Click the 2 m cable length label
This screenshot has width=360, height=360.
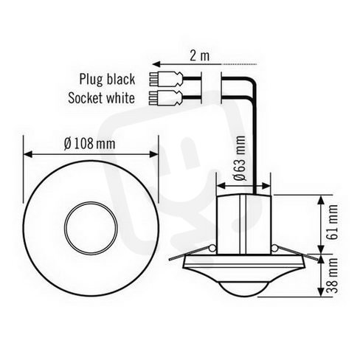tap(199, 55)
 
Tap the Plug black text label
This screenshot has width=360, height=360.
tap(107, 79)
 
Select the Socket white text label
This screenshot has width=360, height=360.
tap(101, 98)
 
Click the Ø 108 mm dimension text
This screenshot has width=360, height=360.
tap(89, 144)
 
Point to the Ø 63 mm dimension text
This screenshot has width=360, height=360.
tap(240, 158)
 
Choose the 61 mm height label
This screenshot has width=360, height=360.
tap(333, 222)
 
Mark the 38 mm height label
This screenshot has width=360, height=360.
tap(333, 275)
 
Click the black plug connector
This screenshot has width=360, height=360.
tap(166, 79)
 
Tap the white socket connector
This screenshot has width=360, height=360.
tap(166, 97)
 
